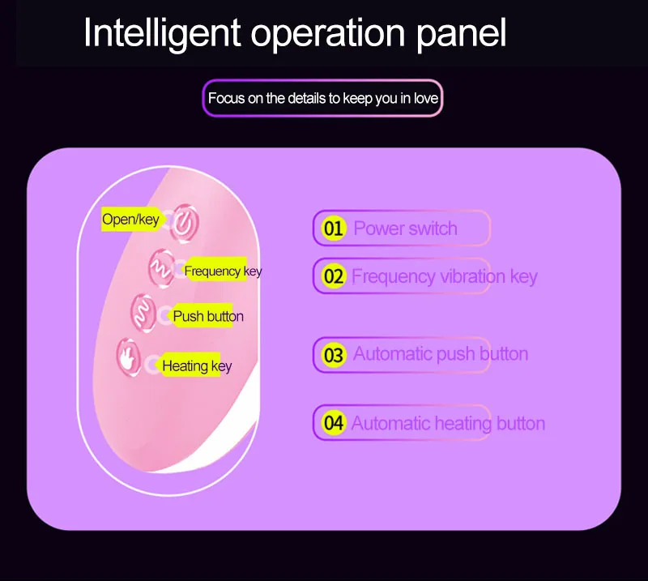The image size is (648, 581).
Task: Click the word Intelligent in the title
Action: pos(162,33)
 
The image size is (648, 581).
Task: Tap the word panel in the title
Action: pos(461,33)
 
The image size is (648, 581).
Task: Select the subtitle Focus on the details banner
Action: pos(322,98)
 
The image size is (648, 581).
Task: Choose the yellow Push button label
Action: pos(204,316)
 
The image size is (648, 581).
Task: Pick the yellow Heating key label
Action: pos(192,365)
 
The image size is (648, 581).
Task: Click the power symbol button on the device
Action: pos(185,224)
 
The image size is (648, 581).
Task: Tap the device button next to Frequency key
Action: pos(161,269)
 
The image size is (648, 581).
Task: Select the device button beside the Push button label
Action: pos(143,313)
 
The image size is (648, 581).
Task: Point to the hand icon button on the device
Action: pos(129,357)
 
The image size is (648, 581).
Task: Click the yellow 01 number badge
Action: pos(334,229)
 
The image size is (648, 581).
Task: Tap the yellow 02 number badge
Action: pos(334,276)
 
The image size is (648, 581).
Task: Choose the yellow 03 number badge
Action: pos(334,355)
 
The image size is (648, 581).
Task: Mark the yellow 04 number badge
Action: pos(334,423)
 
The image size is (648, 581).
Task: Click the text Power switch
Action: pos(406,229)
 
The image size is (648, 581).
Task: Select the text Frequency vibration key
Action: pos(445,276)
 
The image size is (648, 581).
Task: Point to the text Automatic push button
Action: pos(441,354)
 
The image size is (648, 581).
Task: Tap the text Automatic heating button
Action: pos(449,424)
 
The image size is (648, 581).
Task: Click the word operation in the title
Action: pos(328,35)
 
